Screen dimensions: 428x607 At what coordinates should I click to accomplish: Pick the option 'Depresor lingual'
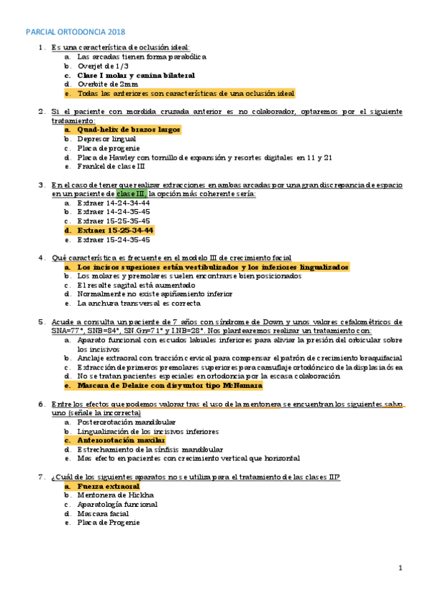coord(106,139)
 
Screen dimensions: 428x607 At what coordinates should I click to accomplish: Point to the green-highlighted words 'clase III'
coord(131,194)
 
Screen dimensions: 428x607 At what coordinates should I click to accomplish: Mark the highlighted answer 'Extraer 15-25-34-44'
coord(116,230)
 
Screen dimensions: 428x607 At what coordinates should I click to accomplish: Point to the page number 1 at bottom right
coord(401,568)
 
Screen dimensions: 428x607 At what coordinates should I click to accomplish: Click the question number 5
coord(41,321)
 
